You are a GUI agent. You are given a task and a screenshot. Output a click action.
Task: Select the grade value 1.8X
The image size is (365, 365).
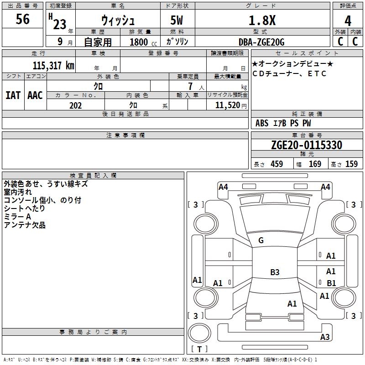262,21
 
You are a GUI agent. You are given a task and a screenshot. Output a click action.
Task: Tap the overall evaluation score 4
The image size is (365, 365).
348,21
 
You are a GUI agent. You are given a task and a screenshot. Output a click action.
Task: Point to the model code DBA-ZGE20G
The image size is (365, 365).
262,42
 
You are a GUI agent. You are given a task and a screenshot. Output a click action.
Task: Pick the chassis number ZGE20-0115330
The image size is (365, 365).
307,146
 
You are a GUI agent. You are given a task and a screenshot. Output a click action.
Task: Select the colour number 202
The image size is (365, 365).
75,105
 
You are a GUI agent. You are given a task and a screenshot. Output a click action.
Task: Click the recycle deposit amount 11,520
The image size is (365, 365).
227,105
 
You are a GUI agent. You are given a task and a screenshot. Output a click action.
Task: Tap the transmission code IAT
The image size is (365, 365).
13,95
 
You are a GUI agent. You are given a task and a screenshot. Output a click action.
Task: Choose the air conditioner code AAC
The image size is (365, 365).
35,95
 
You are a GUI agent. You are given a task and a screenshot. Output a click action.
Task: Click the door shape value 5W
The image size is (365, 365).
177,21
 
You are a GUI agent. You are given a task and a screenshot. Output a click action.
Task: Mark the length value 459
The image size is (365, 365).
276,164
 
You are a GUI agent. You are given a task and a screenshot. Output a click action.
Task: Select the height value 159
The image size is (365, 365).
351,164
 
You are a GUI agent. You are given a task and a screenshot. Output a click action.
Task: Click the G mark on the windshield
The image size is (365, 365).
261,240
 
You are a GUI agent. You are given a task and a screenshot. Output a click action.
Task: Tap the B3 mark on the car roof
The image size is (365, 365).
275,272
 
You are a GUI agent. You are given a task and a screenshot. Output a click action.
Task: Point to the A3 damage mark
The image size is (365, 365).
324,337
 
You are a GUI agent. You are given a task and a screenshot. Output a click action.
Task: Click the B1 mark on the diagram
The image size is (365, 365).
331,283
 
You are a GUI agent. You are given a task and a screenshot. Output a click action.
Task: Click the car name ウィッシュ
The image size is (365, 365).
117,21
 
